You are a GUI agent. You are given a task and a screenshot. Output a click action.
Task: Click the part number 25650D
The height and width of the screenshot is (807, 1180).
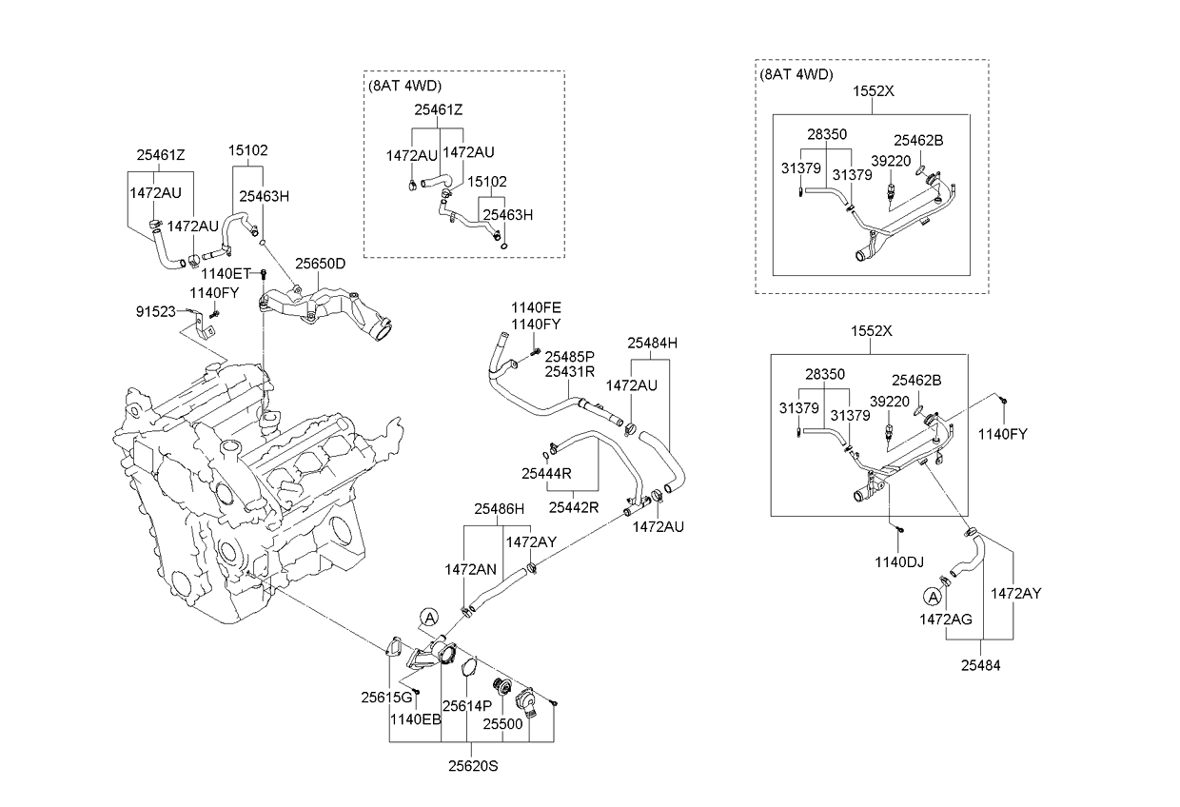pyautogui.click(x=319, y=264)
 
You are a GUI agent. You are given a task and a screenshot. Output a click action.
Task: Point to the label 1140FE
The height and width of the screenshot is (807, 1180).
pyautogui.click(x=536, y=307)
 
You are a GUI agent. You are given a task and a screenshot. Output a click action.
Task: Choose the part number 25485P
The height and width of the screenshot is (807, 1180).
pyautogui.click(x=570, y=356)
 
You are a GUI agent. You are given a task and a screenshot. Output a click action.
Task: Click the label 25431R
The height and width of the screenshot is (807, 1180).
pyautogui.click(x=570, y=371)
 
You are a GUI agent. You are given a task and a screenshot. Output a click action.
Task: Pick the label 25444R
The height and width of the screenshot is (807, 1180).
pyautogui.click(x=546, y=472)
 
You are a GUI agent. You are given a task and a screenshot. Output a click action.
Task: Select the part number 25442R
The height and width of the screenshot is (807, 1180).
pyautogui.click(x=574, y=507)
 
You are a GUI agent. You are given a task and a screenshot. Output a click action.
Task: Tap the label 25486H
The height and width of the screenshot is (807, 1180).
pyautogui.click(x=501, y=509)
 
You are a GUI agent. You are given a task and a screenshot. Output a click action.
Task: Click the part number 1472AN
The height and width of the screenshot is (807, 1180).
pyautogui.click(x=470, y=569)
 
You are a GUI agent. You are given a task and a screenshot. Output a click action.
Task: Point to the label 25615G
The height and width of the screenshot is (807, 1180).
pyautogui.click(x=385, y=698)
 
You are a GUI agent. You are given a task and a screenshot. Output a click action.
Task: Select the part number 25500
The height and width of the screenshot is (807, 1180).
pyautogui.click(x=502, y=723)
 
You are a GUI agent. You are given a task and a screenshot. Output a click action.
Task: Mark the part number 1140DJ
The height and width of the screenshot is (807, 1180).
pyautogui.click(x=898, y=562)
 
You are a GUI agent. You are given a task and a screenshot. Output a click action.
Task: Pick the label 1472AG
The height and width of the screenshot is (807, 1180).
pyautogui.click(x=945, y=620)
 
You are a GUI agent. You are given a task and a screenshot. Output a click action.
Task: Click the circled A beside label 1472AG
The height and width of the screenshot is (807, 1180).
pyautogui.click(x=933, y=597)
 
